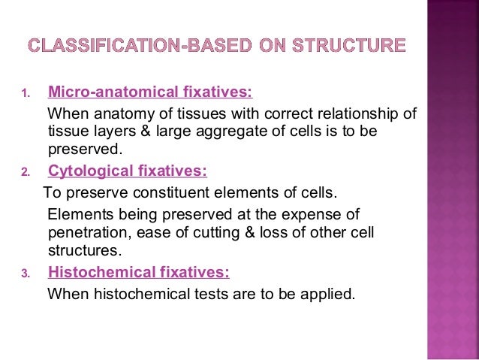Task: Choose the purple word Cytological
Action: point(85,171)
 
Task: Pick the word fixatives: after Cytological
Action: point(166,171)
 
